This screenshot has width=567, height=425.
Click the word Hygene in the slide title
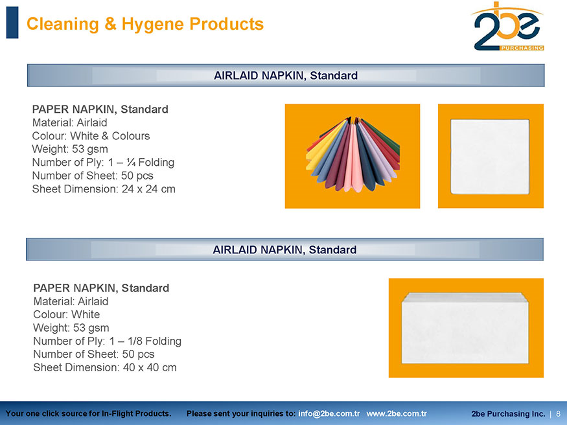pos(152,24)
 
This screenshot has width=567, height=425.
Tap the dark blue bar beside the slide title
pos(12,23)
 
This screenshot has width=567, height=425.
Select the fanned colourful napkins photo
pos(353,156)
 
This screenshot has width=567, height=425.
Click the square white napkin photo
pos(491,156)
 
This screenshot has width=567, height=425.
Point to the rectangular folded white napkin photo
pos(466,328)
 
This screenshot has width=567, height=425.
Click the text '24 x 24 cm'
pos(148,189)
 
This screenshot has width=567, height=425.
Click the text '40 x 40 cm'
pos(150,367)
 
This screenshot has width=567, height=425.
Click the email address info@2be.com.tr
pos(329,414)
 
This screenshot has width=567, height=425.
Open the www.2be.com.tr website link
pos(397,414)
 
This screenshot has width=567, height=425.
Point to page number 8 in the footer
pos(559,414)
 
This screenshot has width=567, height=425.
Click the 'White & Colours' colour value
pos(110,136)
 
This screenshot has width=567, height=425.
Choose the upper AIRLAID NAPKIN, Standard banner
pos(286,76)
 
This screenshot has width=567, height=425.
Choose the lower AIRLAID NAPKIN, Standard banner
pos(284,249)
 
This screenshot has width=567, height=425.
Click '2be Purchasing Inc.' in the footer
pos(508,414)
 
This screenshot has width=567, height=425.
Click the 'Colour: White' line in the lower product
pos(67,314)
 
